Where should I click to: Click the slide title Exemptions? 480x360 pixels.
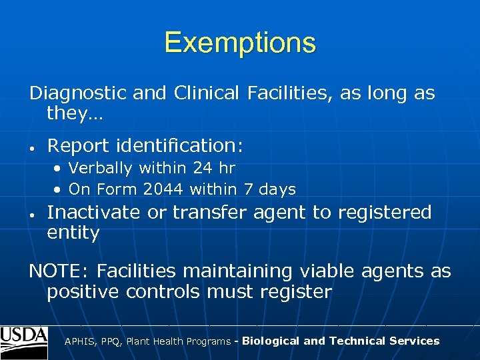click(x=240, y=43)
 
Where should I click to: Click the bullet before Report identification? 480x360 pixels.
click(x=32, y=147)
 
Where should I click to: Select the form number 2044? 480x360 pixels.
click(x=163, y=190)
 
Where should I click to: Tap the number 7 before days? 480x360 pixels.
click(x=247, y=190)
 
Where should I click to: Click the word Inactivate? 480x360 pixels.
click(x=94, y=213)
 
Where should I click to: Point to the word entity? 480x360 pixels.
click(x=73, y=234)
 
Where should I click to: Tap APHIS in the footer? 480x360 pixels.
click(x=79, y=341)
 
